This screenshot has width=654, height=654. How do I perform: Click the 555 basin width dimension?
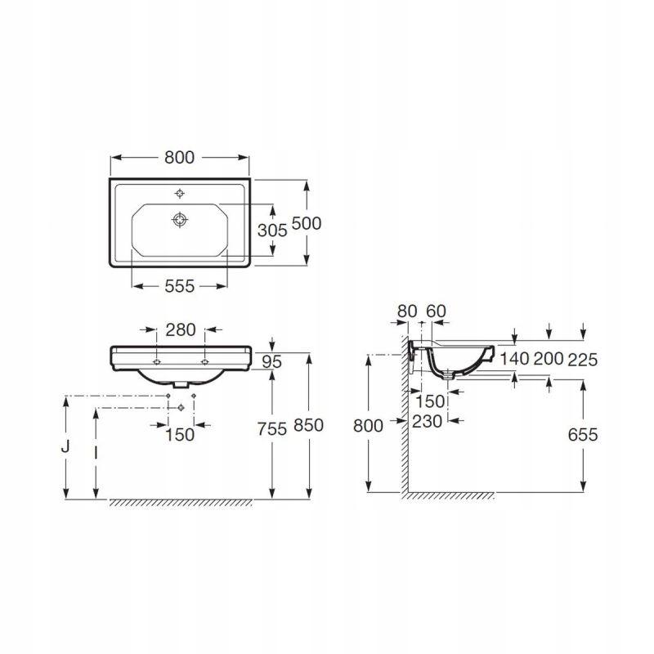179,287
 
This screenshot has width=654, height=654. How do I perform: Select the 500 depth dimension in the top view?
306,223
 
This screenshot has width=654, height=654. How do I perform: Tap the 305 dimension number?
272,231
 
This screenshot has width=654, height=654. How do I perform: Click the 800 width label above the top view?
179,158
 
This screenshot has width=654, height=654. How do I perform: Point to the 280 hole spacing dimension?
181,330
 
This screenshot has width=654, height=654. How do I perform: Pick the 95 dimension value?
272,361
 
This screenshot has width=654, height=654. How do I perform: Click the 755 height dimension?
272,429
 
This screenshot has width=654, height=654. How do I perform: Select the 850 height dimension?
309,425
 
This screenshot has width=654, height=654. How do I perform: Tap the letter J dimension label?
65,446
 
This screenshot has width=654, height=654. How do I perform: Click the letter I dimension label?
96,453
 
